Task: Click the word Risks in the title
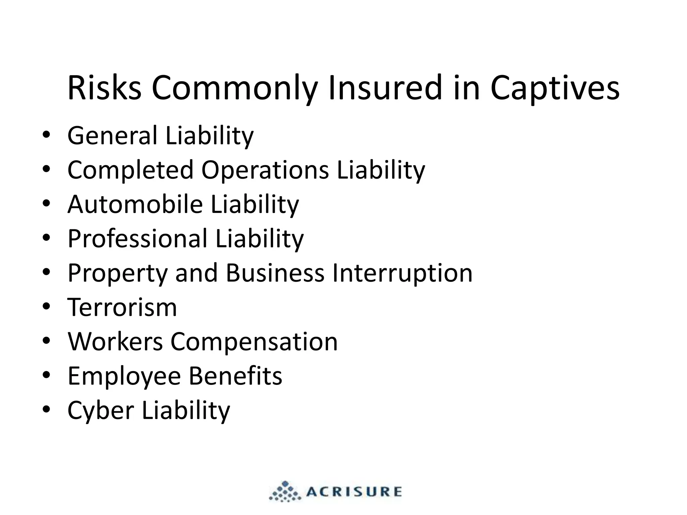(104, 88)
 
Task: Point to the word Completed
(130, 170)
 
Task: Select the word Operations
(265, 170)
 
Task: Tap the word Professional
(138, 239)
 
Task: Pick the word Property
(117, 274)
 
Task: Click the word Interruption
(402, 274)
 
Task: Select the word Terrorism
(122, 307)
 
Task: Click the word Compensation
(254, 342)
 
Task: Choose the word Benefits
(235, 376)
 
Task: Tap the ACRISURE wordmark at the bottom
(354, 492)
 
